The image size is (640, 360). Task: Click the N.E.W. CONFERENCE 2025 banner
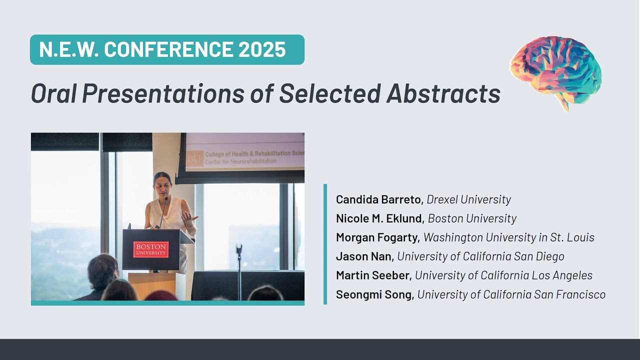[167, 49]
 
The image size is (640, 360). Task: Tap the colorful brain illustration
[555, 71]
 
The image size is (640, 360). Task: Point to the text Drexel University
[468, 199]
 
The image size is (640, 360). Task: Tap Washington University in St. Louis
[508, 237]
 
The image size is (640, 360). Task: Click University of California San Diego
[480, 256]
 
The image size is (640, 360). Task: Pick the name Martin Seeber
[373, 275]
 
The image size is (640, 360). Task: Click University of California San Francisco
[511, 294]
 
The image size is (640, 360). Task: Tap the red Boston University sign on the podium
[151, 249]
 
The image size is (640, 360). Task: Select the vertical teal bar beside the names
[325, 244]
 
